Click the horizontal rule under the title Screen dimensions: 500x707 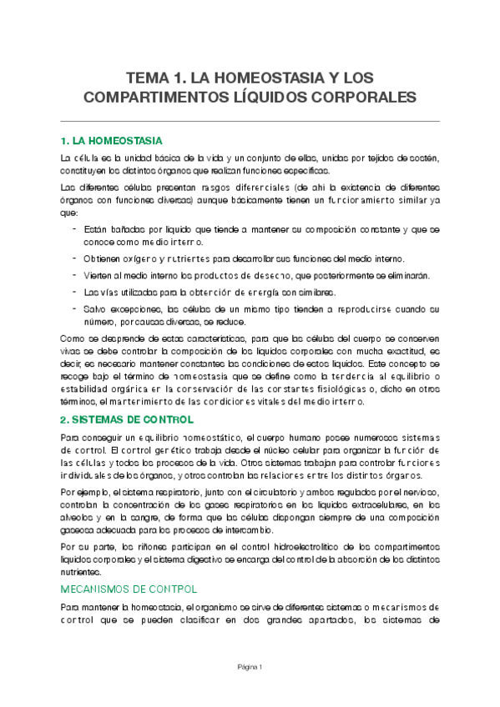[x=250, y=122]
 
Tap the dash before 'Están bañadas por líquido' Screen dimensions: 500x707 [x=76, y=228]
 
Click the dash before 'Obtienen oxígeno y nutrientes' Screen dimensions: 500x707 [x=76, y=258]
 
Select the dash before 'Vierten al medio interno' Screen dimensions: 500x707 [x=76, y=275]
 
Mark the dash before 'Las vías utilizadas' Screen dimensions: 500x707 [x=76, y=292]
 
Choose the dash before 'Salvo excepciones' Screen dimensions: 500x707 [x=76, y=308]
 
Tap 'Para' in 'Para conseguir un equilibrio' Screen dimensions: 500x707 [x=71, y=438]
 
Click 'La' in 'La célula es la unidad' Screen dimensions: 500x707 [x=66, y=157]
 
